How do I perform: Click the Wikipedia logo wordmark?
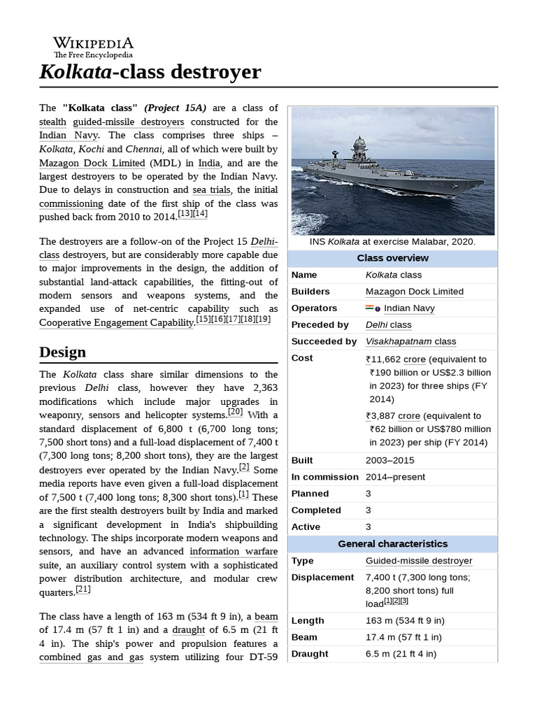click(93, 43)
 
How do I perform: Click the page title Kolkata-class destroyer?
click(150, 72)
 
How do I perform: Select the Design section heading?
click(63, 352)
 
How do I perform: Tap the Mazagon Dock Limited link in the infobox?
click(414, 292)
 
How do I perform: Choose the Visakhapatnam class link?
click(410, 342)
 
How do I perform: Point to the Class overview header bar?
click(393, 258)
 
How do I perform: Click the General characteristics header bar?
click(393, 544)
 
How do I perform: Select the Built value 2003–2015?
click(389, 460)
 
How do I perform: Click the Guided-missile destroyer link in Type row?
click(418, 561)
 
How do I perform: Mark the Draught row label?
click(310, 654)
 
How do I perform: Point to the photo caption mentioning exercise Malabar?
click(392, 241)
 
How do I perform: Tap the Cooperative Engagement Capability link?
click(116, 322)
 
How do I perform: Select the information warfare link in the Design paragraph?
click(233, 552)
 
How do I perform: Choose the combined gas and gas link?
click(91, 657)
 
